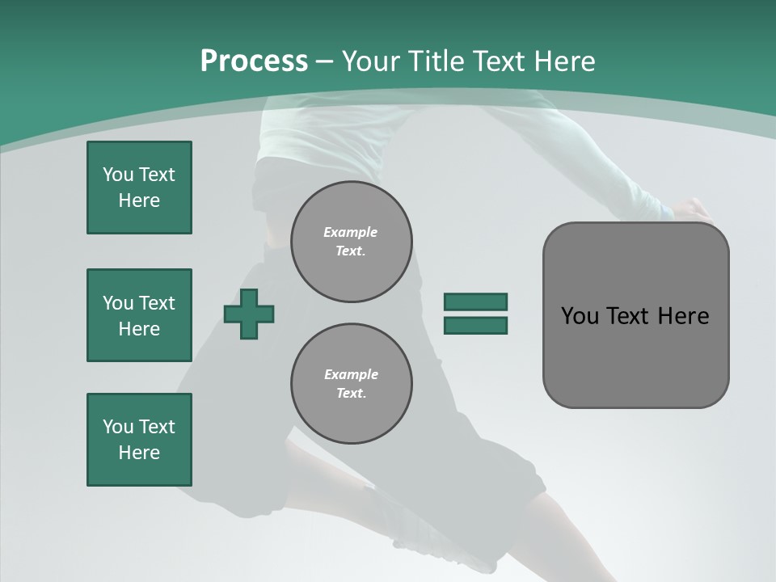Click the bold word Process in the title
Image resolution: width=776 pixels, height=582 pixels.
pyautogui.click(x=254, y=61)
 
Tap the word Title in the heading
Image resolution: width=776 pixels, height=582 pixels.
pyautogui.click(x=436, y=61)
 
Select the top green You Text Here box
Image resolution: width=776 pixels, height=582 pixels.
pyautogui.click(x=139, y=188)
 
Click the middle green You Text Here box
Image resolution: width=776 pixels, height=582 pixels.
pyautogui.click(x=139, y=315)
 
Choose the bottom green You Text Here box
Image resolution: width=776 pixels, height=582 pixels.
pyautogui.click(x=139, y=440)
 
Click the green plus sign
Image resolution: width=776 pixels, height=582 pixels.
pyautogui.click(x=249, y=314)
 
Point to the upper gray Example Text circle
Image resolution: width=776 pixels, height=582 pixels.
pyautogui.click(x=352, y=242)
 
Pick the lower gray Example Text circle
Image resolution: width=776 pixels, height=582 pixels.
pyautogui.click(x=352, y=384)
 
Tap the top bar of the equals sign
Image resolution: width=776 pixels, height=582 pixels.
pyautogui.click(x=475, y=302)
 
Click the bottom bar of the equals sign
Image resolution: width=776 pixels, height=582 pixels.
pyautogui.click(x=475, y=326)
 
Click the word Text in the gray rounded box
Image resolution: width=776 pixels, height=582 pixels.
pyautogui.click(x=627, y=316)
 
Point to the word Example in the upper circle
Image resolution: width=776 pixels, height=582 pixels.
pyautogui.click(x=350, y=232)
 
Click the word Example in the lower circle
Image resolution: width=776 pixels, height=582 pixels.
pyautogui.click(x=351, y=374)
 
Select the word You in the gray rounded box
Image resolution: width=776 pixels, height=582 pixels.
pyautogui.click(x=579, y=316)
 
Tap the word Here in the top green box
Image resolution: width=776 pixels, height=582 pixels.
pyautogui.click(x=139, y=200)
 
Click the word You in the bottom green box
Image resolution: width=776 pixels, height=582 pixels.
pyautogui.click(x=118, y=427)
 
